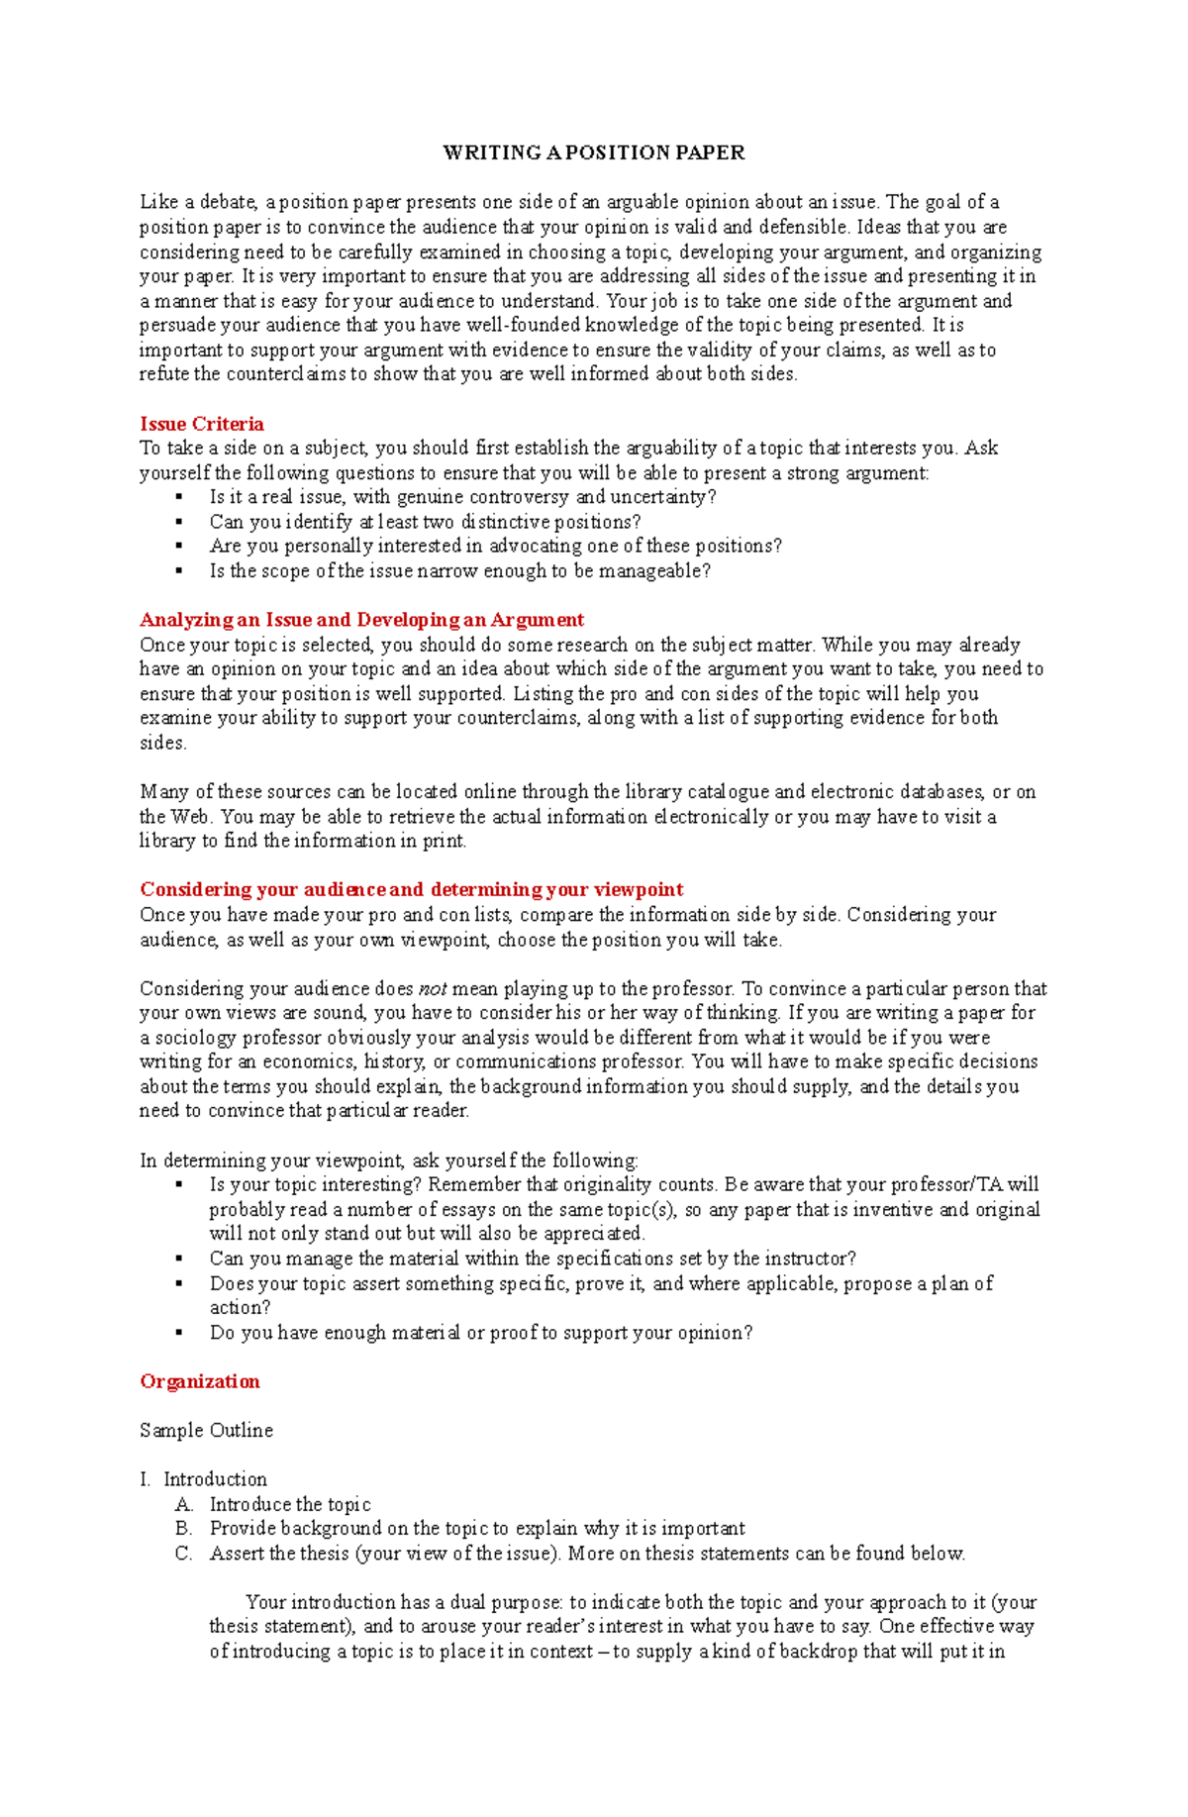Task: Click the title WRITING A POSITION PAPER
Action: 593,152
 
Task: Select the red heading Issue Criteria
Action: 202,424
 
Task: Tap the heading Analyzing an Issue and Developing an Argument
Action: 361,620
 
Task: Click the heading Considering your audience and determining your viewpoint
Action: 411,889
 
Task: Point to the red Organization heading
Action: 200,1381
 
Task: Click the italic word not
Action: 433,988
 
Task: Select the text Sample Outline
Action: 206,1430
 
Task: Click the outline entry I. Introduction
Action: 204,1479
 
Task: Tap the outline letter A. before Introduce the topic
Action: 183,1504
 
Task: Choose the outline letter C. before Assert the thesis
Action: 183,1554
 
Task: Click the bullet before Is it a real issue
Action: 179,497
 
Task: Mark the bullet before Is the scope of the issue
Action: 179,571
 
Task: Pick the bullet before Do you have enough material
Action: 179,1333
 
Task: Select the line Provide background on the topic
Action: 476,1529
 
